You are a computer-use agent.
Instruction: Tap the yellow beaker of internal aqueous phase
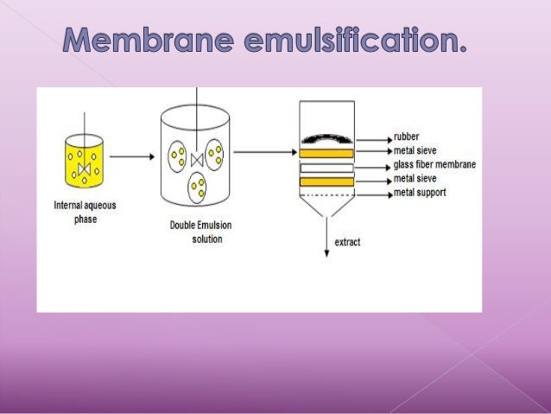click(84, 160)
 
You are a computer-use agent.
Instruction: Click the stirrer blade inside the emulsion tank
click(197, 159)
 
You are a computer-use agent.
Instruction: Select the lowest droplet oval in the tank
click(199, 186)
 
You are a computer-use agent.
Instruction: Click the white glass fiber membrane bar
click(326, 168)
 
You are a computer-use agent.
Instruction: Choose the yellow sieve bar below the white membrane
click(326, 182)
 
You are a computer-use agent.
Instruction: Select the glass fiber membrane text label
click(434, 165)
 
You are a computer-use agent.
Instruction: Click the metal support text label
click(420, 193)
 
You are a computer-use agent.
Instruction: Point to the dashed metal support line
click(326, 193)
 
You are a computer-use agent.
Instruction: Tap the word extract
click(347, 242)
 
